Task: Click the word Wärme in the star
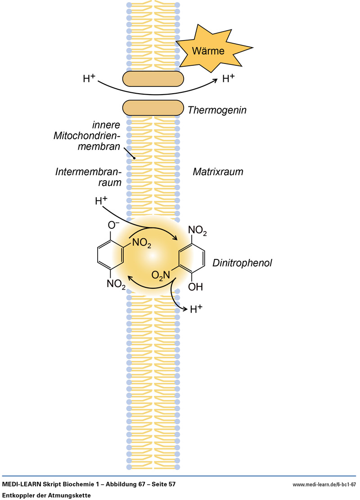pos(208,51)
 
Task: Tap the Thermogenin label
pos(217,109)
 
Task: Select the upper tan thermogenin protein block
pos(153,79)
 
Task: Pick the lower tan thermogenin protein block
pos(153,108)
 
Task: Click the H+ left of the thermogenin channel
pos(89,78)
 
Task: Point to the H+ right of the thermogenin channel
pos(229,78)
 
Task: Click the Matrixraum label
pos(218,172)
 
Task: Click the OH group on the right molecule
pos(196,286)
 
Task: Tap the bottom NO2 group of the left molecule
pos(115,284)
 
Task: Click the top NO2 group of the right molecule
pos(198,232)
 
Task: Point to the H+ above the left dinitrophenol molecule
pos(101,201)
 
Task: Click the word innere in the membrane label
pos(108,125)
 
